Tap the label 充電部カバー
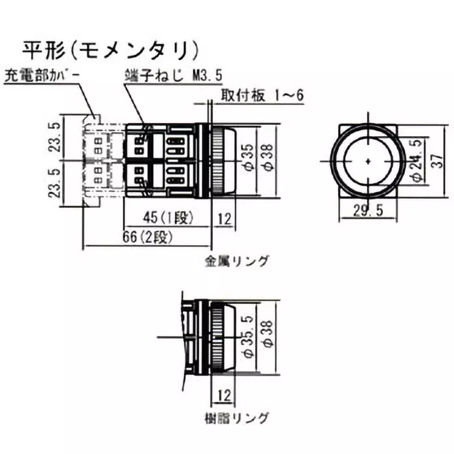pos(40,75)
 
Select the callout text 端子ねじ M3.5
pos(171,75)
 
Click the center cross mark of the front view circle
pos(368,161)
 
